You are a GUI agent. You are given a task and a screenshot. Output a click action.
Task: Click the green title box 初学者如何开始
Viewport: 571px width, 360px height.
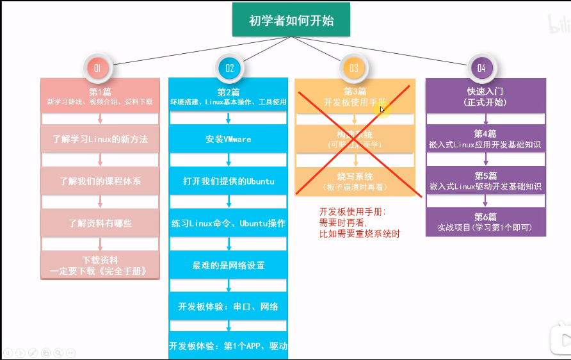pos(291,20)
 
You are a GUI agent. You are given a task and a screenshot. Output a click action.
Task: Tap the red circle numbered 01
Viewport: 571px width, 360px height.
pos(98,67)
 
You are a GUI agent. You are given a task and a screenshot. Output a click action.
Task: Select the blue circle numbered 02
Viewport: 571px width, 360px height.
pos(229,67)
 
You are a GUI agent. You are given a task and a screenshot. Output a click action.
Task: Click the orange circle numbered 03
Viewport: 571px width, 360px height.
pos(354,67)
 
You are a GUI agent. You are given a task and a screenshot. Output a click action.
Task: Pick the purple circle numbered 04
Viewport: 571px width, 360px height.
pos(481,67)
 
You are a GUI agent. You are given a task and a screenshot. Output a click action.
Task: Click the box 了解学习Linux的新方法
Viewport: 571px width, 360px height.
pos(100,139)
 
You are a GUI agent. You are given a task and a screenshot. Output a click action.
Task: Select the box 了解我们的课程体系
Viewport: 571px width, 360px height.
pos(100,181)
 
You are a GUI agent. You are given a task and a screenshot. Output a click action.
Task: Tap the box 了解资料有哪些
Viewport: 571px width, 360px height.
pos(100,224)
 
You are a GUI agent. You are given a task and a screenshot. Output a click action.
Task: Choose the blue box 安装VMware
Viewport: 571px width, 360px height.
pos(229,139)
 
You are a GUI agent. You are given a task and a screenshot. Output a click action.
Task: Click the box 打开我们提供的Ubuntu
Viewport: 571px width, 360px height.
pos(229,181)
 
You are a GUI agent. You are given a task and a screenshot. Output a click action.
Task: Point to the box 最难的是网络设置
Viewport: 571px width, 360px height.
pos(229,265)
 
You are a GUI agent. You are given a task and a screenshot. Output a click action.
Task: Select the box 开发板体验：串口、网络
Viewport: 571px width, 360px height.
pos(229,307)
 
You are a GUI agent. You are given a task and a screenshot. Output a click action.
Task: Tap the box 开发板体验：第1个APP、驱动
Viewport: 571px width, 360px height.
pos(229,347)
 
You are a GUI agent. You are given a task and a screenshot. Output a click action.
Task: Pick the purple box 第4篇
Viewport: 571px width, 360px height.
pos(486,139)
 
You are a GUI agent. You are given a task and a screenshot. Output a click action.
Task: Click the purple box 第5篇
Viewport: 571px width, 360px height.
pos(486,181)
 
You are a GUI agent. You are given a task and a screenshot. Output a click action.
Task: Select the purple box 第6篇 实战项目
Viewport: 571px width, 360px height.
pos(486,222)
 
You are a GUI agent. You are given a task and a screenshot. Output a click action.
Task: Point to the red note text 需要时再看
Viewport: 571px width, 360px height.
pos(342,223)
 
